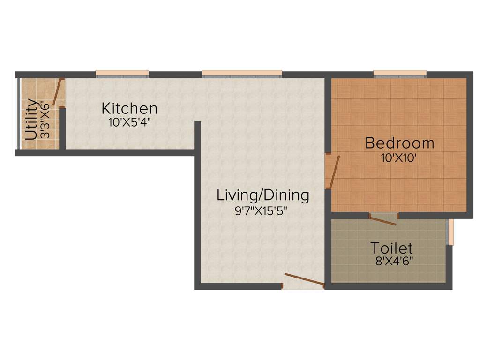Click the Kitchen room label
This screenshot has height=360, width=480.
(129, 109)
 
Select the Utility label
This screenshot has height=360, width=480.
(31, 120)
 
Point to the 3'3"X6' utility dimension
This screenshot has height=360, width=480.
(45, 120)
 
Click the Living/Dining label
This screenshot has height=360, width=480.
(262, 195)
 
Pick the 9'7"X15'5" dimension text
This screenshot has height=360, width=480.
(261, 210)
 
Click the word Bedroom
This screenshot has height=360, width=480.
(399, 143)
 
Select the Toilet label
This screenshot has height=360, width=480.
(391, 248)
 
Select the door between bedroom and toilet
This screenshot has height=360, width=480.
(383, 219)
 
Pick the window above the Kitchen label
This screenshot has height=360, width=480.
(122, 73)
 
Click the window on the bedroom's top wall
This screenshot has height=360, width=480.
(400, 73)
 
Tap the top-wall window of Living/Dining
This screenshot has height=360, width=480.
(242, 73)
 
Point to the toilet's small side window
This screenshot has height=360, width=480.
(450, 232)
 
